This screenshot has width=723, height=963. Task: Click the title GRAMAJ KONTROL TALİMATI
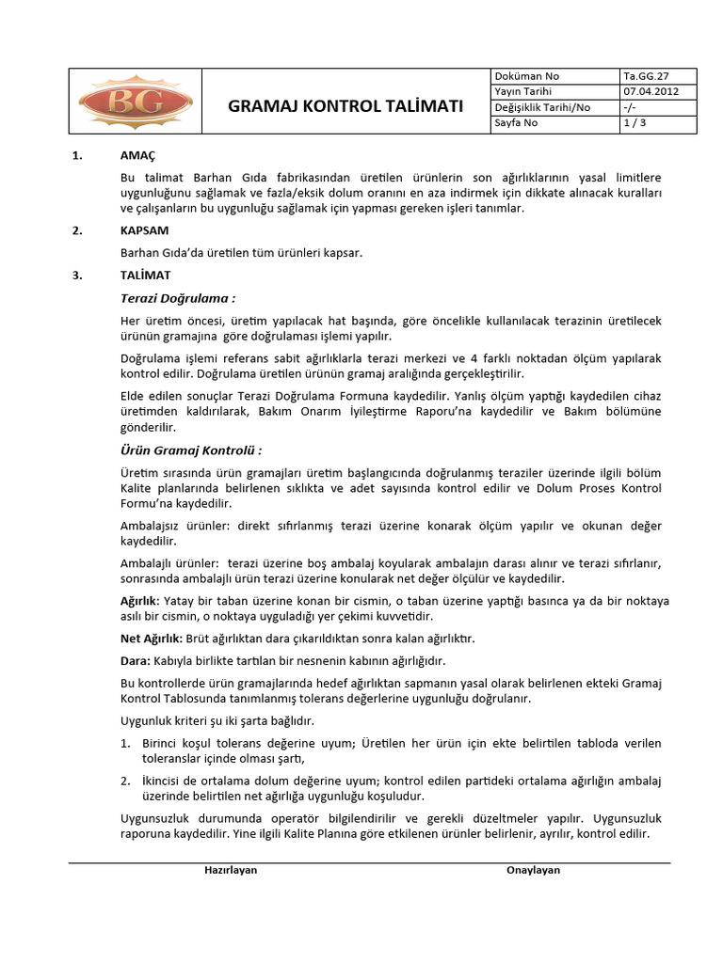[345, 106]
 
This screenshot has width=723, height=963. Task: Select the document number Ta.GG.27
[643, 76]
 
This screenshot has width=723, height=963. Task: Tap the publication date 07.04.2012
[650, 91]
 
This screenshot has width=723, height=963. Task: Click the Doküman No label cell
[526, 76]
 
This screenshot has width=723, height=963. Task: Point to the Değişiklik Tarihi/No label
[542, 107]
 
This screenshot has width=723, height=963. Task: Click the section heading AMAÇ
[137, 155]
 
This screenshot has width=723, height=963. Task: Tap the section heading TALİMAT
[144, 276]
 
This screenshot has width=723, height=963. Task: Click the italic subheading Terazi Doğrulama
[177, 298]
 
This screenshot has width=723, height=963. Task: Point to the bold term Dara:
[136, 661]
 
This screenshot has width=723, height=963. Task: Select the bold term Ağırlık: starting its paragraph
[140, 600]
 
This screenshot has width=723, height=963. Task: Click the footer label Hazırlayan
[231, 870]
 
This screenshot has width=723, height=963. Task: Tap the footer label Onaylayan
[533, 870]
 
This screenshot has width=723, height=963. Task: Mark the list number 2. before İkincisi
[124, 781]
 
